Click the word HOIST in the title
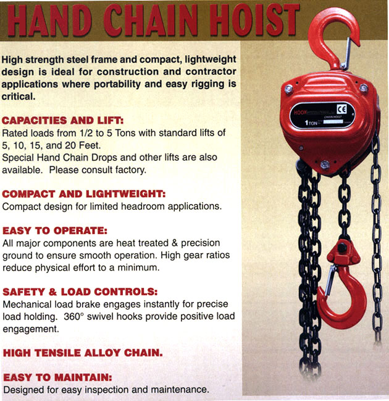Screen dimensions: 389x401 tap(254, 20)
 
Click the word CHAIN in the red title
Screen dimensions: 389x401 tap(150, 20)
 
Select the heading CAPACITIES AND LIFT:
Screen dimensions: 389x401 tap(63, 120)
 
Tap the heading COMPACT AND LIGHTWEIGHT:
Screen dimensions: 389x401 tap(84, 194)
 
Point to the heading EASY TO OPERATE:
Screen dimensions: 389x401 tap(55, 231)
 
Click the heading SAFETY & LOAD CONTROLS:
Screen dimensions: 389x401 tap(80, 292)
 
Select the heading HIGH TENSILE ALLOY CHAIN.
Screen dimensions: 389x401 tap(83, 353)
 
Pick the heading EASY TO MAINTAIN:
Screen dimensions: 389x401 tap(57, 377)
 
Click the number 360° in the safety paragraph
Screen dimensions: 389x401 tap(74, 317)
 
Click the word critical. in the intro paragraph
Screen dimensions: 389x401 tap(19, 97)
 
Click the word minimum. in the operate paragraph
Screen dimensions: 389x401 tap(138, 268)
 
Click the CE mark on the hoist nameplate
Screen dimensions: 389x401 tap(342, 110)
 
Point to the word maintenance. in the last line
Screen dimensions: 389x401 tap(180, 389)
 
